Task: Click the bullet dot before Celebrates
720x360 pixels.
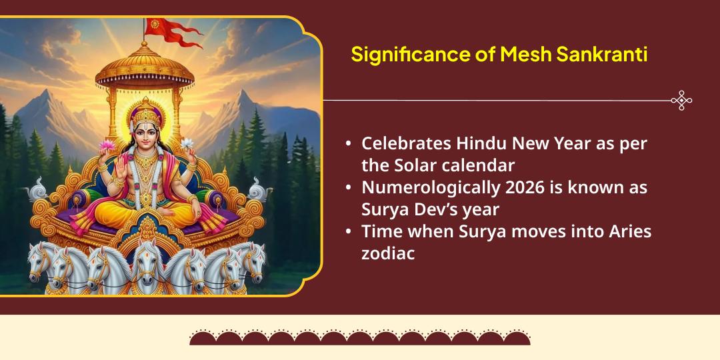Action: coord(348,144)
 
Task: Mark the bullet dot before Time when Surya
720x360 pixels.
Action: coord(348,233)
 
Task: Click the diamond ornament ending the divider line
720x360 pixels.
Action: coord(681,100)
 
